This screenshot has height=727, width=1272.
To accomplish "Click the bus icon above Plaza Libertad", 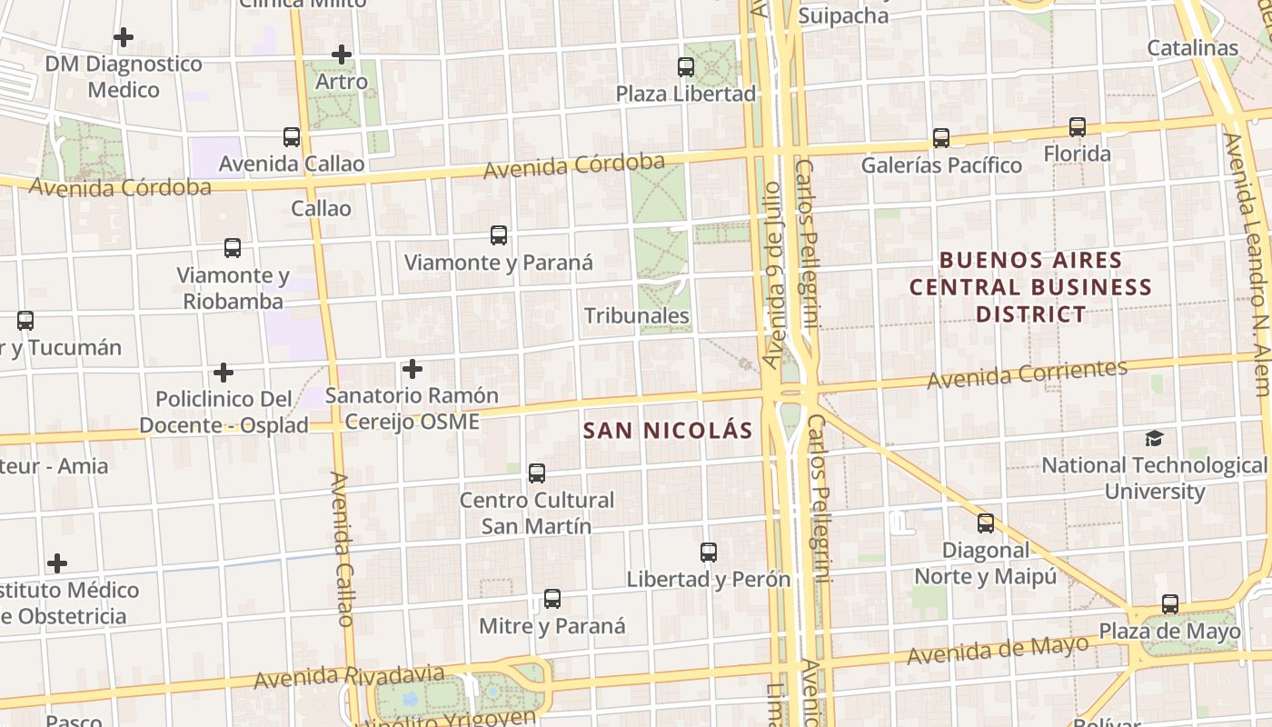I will [686, 67].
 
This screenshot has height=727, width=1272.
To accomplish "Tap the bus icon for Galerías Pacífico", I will [941, 138].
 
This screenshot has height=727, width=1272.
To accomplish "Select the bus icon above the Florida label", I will [1078, 127].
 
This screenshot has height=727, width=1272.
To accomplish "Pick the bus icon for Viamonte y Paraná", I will [499, 235].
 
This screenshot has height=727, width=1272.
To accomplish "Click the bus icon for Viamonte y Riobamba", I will [233, 248].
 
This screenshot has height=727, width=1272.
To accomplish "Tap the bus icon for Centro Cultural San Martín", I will [537, 473].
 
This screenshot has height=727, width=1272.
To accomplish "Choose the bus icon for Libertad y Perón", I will [709, 552].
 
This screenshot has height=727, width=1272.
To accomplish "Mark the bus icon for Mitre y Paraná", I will [552, 599].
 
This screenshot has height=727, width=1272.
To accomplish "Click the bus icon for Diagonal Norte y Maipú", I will [986, 523].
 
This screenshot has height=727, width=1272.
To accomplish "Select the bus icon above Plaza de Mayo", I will [1170, 604].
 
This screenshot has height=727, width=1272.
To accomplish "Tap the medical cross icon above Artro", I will [342, 55].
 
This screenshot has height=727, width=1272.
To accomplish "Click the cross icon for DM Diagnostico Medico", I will [124, 37].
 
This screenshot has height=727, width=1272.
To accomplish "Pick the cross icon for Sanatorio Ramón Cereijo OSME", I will [412, 369].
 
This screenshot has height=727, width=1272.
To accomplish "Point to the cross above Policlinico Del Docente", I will [224, 373].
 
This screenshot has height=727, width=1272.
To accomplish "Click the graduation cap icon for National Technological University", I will [1154, 439].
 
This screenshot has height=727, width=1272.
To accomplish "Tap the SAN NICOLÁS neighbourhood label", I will [668, 431].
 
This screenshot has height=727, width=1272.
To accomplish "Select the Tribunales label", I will [636, 316].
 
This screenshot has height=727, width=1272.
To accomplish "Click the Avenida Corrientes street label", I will [1027, 373].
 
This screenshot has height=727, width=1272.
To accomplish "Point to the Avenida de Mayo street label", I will [998, 651].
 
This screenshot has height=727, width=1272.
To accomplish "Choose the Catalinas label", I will [1192, 48].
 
